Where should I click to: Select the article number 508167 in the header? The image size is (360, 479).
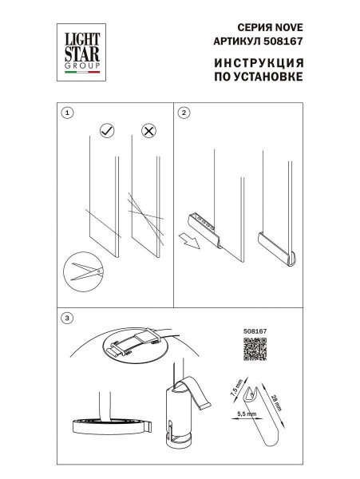286,39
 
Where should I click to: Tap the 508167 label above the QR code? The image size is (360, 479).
253,327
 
